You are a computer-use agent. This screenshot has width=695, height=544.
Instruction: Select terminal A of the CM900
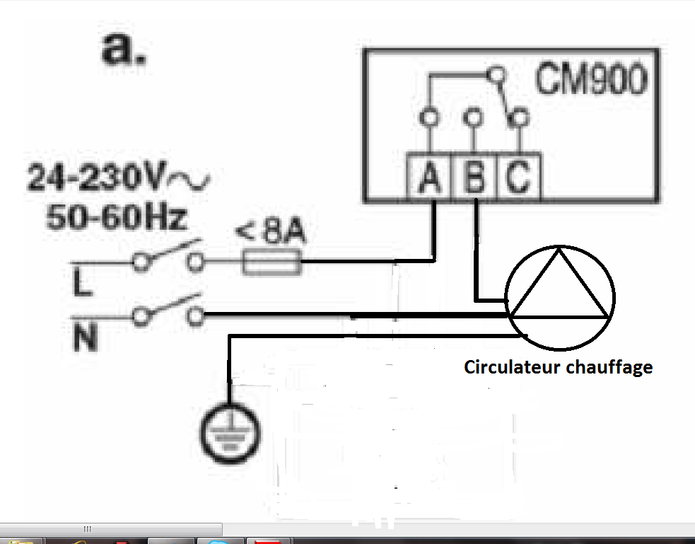click(x=429, y=177)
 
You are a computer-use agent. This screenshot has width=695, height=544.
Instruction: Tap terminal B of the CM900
click(x=474, y=177)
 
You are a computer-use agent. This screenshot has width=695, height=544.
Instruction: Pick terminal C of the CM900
click(x=518, y=177)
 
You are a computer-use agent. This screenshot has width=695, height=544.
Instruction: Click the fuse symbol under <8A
click(x=272, y=265)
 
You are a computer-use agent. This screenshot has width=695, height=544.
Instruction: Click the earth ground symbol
click(x=228, y=432)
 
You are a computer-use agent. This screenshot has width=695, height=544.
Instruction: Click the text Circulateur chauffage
click(x=558, y=367)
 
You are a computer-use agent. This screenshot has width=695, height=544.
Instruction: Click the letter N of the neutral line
click(x=84, y=340)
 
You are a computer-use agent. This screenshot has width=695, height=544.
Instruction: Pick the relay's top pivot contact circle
click(x=498, y=74)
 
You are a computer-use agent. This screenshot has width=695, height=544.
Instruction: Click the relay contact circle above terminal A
click(x=426, y=116)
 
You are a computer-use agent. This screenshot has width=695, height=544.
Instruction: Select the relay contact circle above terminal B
click(x=471, y=116)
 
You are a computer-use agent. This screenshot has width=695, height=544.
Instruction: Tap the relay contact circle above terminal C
click(x=520, y=116)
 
